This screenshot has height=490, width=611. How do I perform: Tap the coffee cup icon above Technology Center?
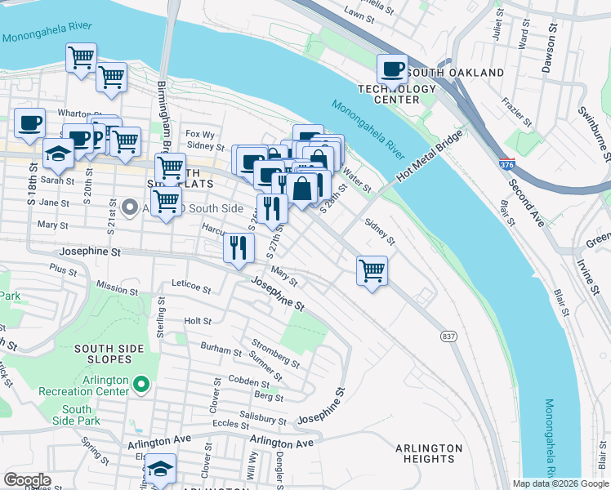(x=392, y=69)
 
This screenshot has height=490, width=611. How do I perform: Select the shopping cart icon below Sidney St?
(x=372, y=269)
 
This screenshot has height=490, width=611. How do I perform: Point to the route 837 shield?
(x=448, y=336)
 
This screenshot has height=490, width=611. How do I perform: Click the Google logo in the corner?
(x=27, y=480)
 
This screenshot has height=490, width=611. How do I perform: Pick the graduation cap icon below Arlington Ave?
(x=161, y=469)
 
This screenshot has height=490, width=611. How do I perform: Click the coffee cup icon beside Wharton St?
(x=30, y=123)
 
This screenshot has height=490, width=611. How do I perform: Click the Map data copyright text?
(x=560, y=483)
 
